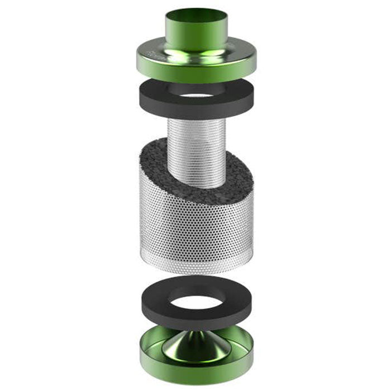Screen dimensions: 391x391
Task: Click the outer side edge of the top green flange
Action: point(195,73)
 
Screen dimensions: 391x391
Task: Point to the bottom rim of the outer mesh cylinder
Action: point(195,270)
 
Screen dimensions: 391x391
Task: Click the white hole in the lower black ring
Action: point(196,302)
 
